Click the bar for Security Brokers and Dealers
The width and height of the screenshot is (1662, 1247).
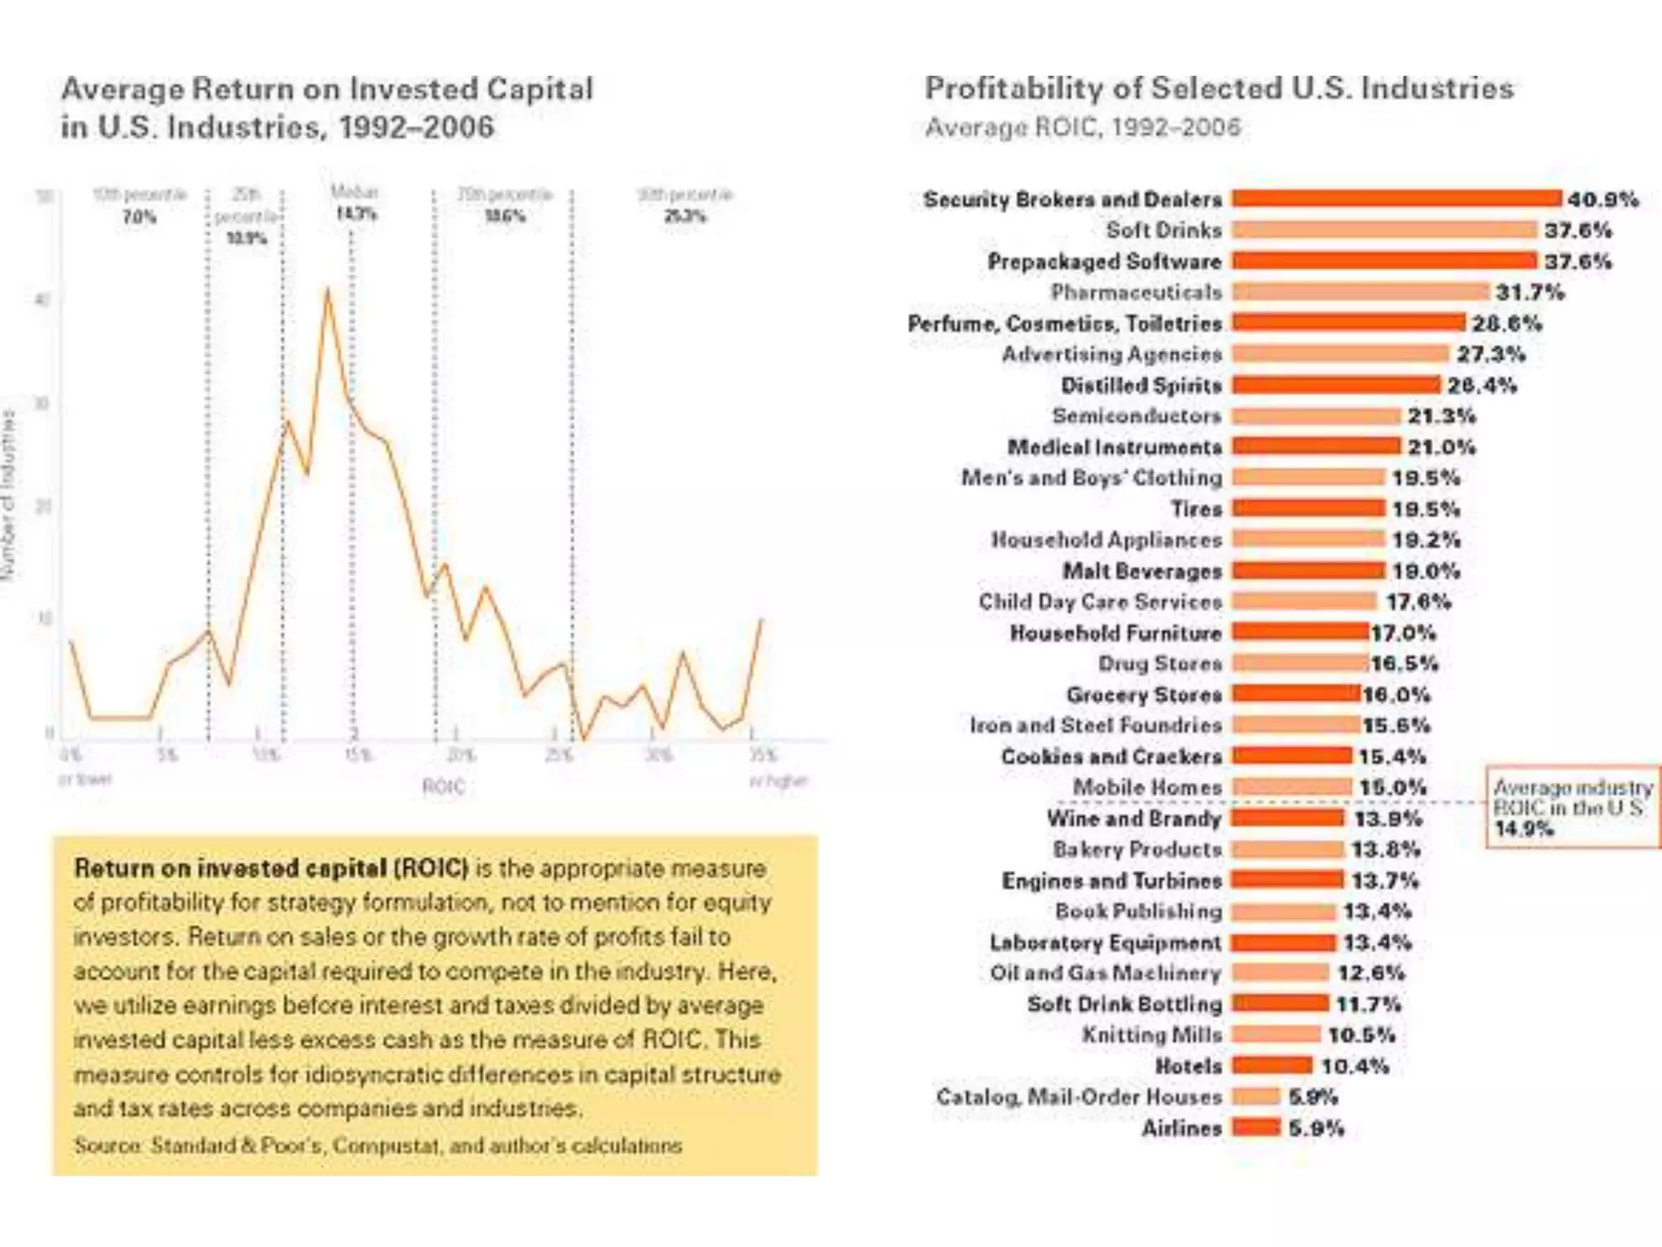tap(1396, 199)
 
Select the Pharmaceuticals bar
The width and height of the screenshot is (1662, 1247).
tap(1360, 292)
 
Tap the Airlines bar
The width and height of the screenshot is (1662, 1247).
tap(1255, 1128)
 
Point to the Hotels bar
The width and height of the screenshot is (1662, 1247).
tap(1272, 1066)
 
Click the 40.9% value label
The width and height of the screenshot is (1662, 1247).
tap(1603, 200)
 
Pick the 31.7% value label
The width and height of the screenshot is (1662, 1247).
tap(1530, 292)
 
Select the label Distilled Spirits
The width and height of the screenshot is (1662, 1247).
tap(1141, 386)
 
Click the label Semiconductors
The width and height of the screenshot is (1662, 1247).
tap(1136, 416)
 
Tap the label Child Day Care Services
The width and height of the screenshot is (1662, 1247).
tap(1100, 602)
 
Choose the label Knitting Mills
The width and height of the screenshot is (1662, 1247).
tap(1152, 1035)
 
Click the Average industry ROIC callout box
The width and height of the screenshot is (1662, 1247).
tap(1572, 807)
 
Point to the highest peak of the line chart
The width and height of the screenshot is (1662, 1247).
tap(328, 289)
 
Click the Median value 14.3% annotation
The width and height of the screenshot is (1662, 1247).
tap(355, 214)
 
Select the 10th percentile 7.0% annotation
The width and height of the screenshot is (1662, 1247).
tap(139, 216)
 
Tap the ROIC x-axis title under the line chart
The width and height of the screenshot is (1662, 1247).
tap(443, 786)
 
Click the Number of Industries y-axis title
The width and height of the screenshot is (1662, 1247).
tap(10, 495)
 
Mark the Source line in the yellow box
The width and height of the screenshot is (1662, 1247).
tap(377, 1146)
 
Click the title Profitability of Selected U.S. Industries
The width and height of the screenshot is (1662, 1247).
tap(1219, 88)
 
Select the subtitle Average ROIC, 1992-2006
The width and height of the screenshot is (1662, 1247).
tap(1083, 127)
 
